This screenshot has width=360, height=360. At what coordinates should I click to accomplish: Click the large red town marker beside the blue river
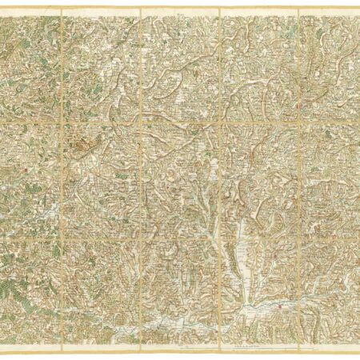coord(279,305)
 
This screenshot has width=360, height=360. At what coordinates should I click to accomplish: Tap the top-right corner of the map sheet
coord(358,9)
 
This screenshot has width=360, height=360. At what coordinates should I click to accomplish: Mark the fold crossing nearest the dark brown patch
coord(62,121)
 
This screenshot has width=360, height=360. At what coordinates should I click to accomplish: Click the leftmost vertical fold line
coord(62,176)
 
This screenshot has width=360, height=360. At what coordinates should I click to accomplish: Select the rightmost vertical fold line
coord(298,176)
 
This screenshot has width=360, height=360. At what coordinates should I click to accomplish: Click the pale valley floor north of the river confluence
coord(237,256)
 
